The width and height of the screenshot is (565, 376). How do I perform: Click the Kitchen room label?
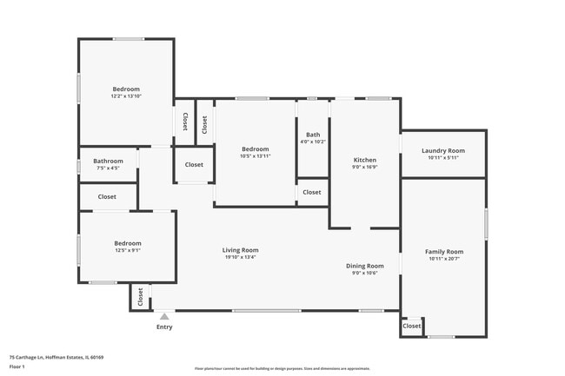(364, 161)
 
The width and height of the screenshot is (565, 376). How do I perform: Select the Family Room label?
(442, 252)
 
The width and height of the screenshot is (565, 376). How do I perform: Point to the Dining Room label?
(365, 266)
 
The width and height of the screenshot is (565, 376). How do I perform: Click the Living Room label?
(241, 250)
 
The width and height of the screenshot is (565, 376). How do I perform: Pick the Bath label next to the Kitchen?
(312, 135)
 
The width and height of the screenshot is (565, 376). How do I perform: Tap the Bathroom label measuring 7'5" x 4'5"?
(109, 161)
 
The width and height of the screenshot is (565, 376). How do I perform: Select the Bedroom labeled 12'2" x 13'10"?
(126, 89)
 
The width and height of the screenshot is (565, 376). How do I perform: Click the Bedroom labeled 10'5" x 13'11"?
(256, 148)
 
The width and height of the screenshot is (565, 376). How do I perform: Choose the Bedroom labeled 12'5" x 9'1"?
(128, 243)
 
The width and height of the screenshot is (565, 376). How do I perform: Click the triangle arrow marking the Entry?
(163, 316)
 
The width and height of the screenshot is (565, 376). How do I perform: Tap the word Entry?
(164, 327)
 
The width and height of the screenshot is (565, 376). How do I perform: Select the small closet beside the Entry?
(139, 297)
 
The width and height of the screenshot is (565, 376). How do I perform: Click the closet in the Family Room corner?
(412, 327)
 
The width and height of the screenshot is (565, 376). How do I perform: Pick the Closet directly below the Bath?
(312, 192)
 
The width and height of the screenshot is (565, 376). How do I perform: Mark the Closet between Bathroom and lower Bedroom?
(107, 197)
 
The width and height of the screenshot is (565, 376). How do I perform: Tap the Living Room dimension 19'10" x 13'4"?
(241, 258)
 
